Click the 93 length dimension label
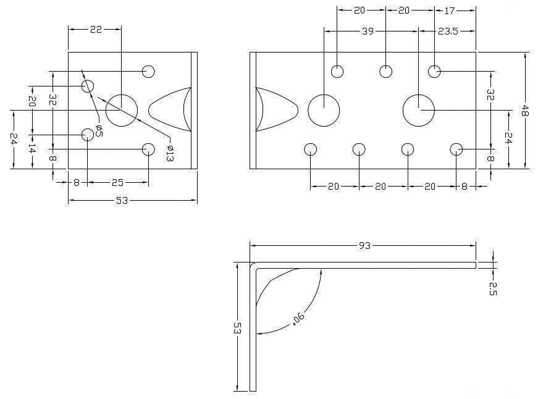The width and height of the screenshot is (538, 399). point(364,246)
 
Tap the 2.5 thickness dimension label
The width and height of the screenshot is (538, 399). point(493,288)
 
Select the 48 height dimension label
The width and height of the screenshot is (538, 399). point(525,111)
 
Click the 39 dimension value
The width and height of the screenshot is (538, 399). point(367,30)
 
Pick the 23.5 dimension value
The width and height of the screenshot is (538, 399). point(448,30)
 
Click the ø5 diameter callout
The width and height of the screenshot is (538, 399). point(99,130)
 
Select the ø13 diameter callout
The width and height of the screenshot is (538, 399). point(170,152)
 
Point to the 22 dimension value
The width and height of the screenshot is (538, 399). point(96,29)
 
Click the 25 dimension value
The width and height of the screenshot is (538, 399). point(118,182)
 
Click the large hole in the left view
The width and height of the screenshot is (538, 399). point(121,110)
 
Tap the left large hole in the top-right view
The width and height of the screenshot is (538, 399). point(324,111)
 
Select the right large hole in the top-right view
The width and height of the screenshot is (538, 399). point(419,110)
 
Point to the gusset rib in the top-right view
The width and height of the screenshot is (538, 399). point(276,110)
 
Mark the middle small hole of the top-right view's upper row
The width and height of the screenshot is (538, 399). point(386,71)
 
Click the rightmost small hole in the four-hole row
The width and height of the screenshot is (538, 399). point(456,149)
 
